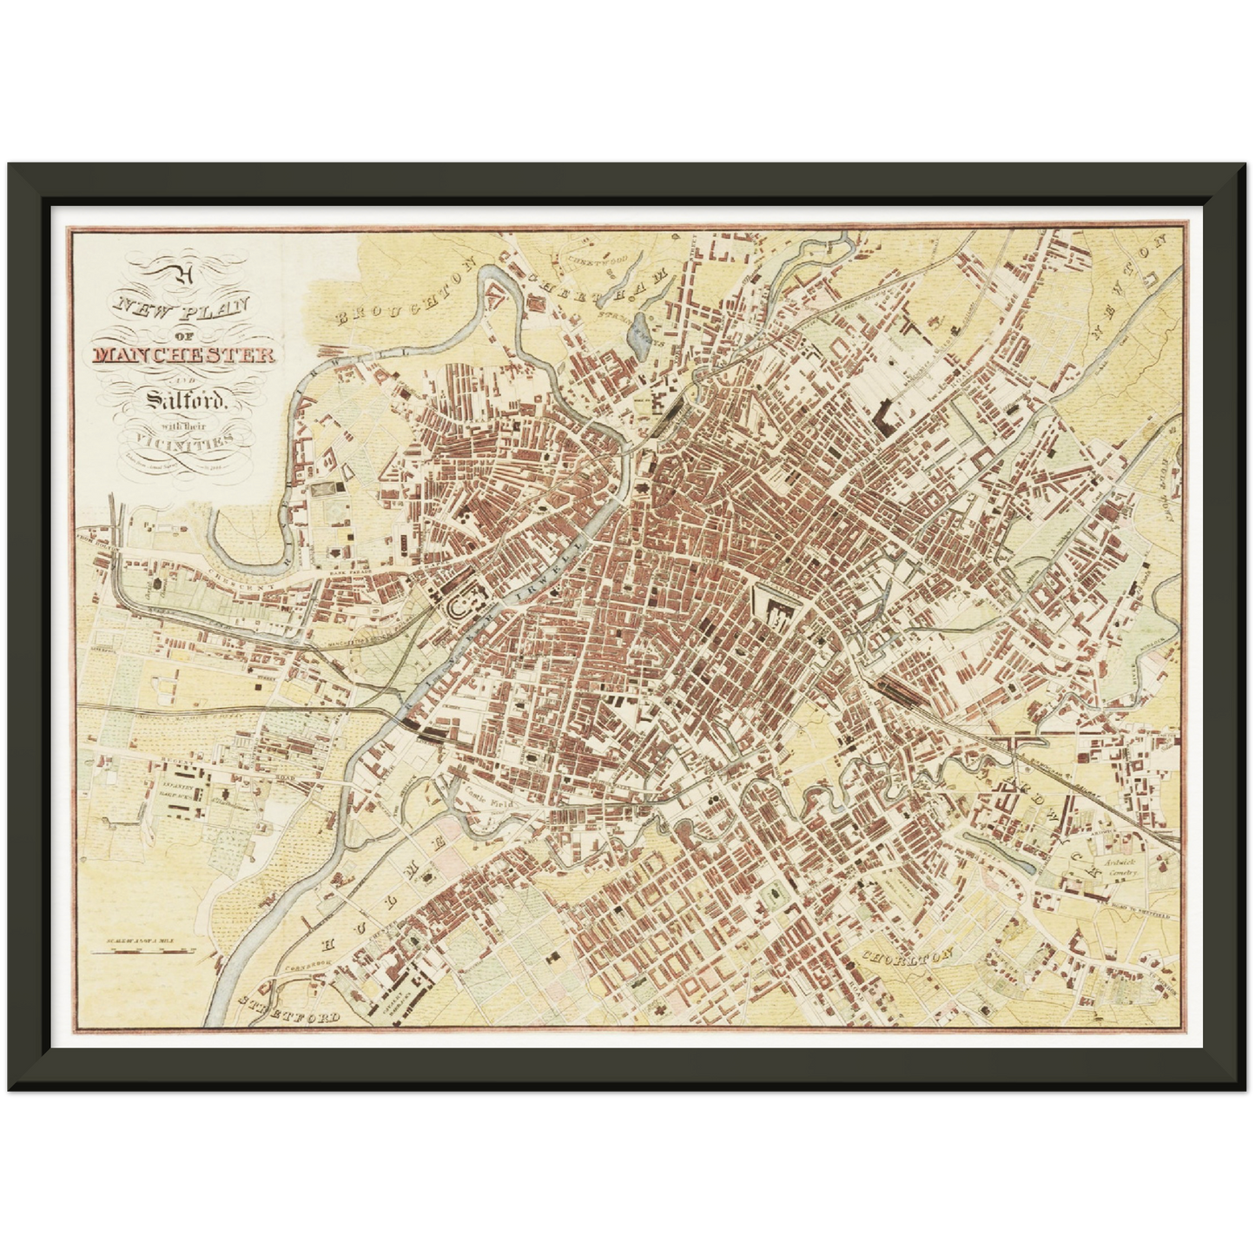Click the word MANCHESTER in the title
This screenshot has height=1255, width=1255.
pyautogui.click(x=183, y=354)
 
